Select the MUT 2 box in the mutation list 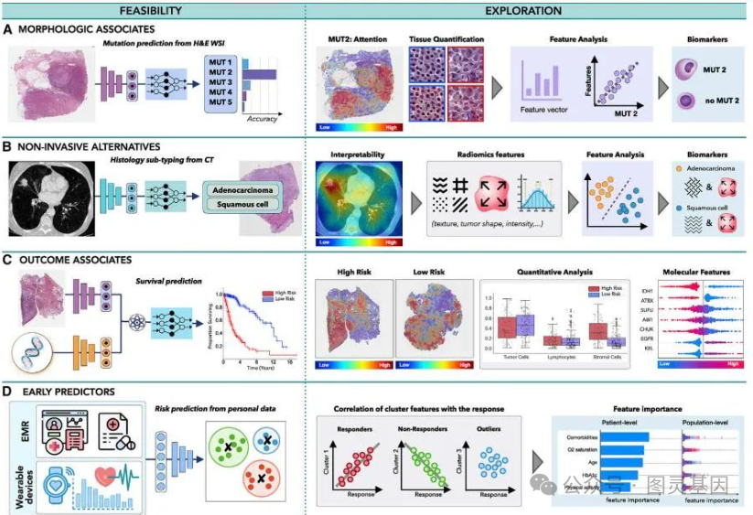click(223, 72)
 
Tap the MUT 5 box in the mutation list click(223, 103)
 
